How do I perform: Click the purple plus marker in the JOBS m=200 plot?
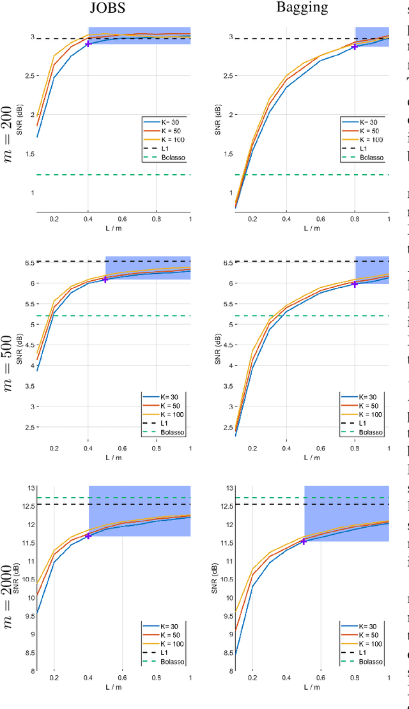coord(88,43)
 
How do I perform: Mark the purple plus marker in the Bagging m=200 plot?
coord(355,47)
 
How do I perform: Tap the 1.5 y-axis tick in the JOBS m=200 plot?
coord(29,154)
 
